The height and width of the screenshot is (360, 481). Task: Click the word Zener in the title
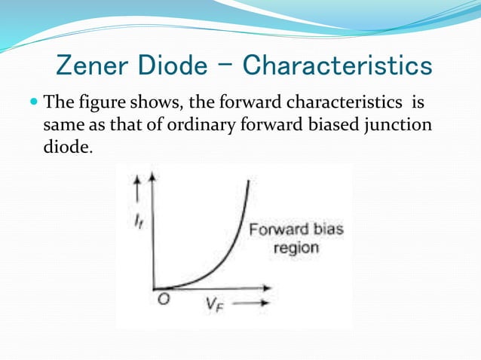[x=89, y=66]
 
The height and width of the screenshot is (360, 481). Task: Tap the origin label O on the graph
[x=164, y=299]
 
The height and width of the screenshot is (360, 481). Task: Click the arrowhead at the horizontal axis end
[x=268, y=287]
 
